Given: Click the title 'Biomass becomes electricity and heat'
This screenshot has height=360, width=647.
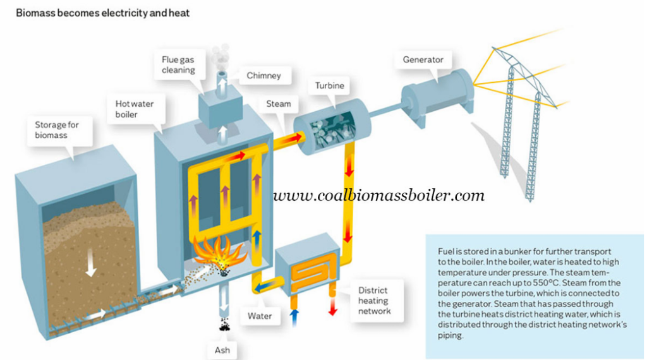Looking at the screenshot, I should click(x=102, y=12).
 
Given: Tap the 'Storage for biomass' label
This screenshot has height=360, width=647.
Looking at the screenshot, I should click(x=56, y=129).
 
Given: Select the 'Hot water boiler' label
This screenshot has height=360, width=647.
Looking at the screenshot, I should click(x=134, y=109).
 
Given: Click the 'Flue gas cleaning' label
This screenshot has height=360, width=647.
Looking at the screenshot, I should click(x=178, y=64).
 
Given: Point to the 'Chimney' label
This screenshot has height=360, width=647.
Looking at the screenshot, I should click(x=263, y=76).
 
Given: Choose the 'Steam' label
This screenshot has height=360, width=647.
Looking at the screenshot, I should click(x=278, y=104).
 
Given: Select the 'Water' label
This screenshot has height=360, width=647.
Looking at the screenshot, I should click(x=260, y=314).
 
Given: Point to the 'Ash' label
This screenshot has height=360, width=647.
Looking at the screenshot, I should click(x=224, y=349).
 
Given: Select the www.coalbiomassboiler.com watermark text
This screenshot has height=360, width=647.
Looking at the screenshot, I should click(x=379, y=196).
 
